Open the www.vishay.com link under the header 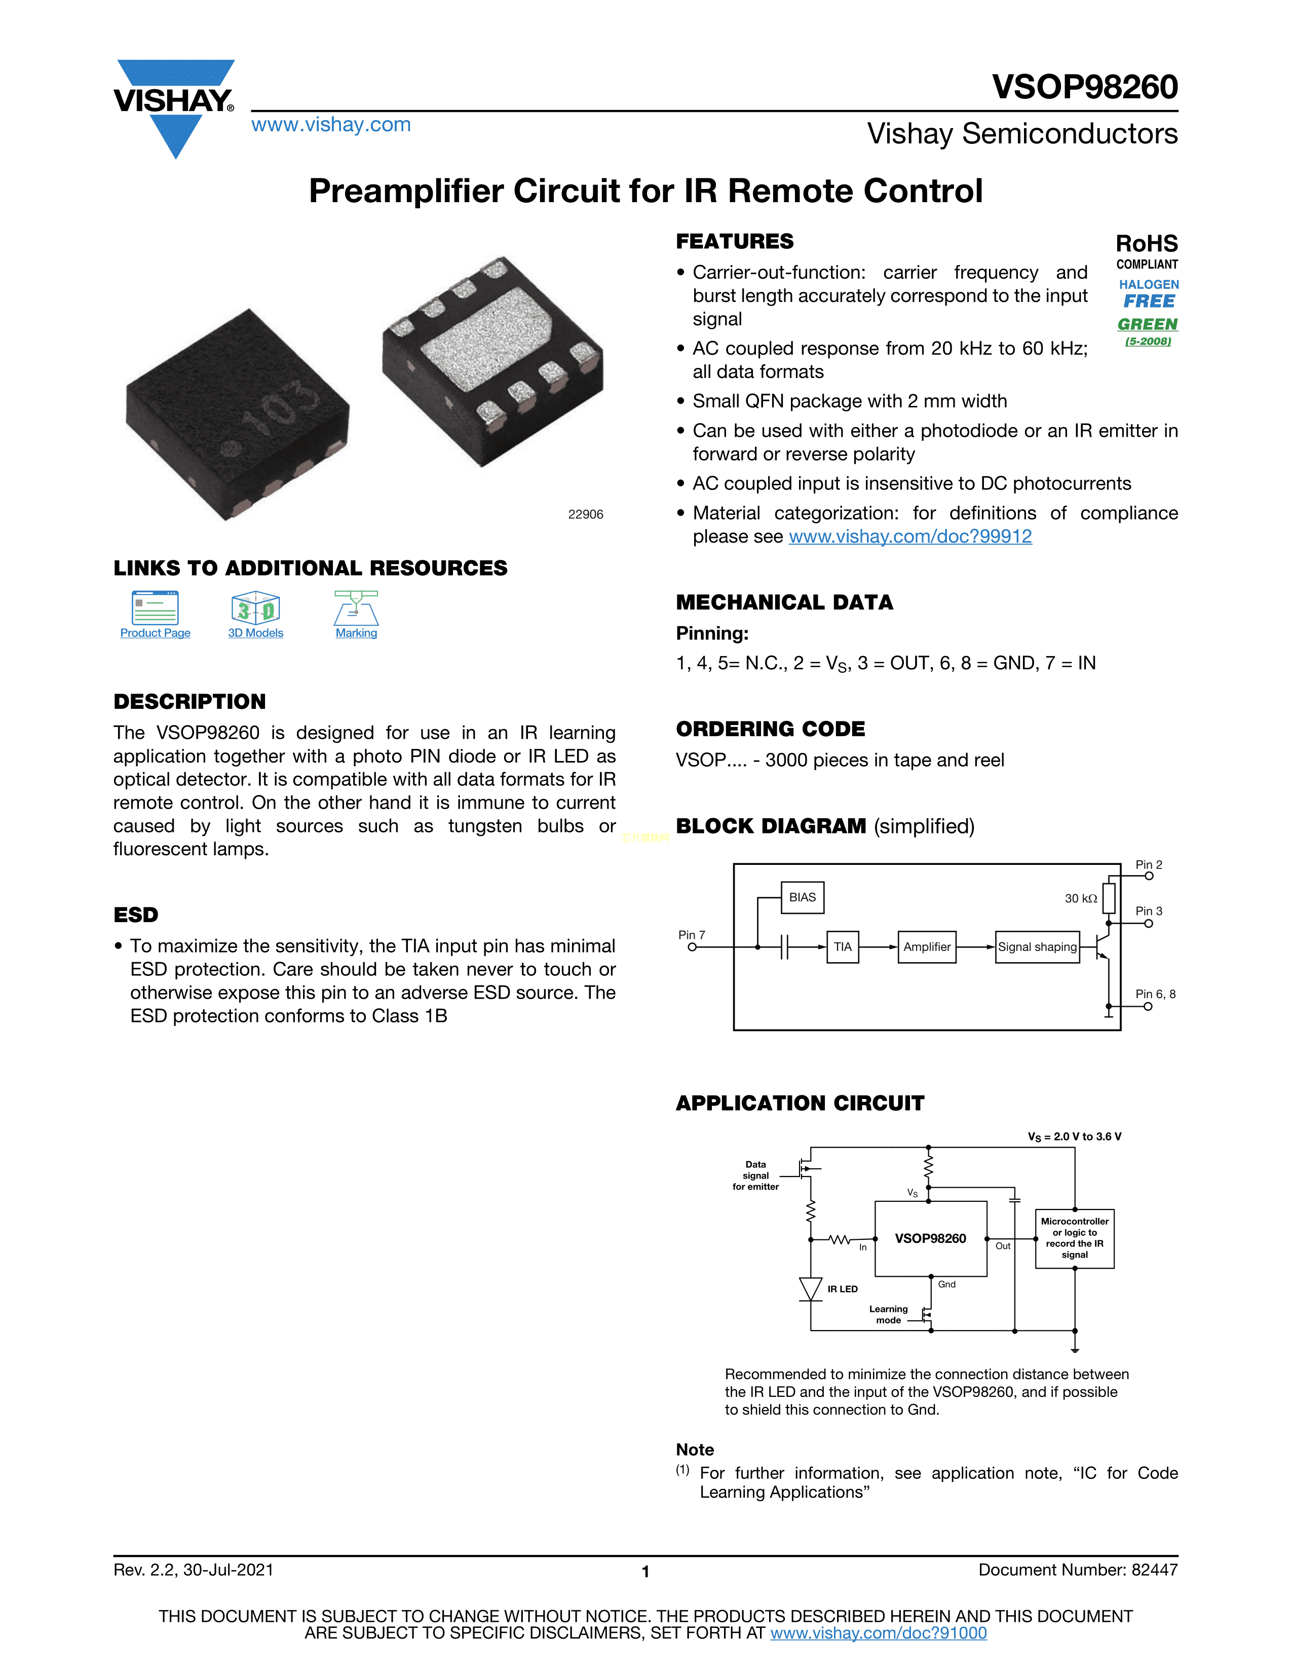click(331, 125)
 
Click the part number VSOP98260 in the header click(1085, 87)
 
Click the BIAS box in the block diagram click(802, 897)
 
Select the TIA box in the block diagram click(843, 947)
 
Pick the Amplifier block click(927, 947)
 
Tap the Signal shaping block click(1037, 947)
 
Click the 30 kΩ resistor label click(1081, 899)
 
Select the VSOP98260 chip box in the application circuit click(931, 1239)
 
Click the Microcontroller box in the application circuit click(1075, 1239)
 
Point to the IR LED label click(842, 1289)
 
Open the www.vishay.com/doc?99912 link click(910, 537)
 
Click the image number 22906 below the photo click(586, 514)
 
